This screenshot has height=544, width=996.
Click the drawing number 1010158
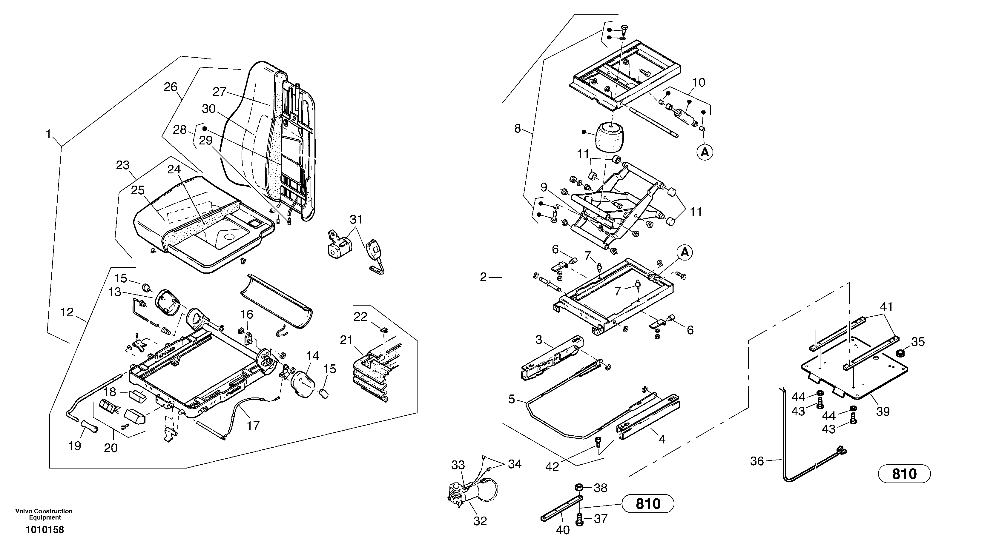[x=45, y=530]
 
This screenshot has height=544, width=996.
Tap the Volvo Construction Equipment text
[x=44, y=514]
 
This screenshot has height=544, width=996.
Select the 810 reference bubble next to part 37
[x=648, y=504]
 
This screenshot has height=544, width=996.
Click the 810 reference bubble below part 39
[x=904, y=474]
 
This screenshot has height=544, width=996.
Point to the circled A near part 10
[x=705, y=152]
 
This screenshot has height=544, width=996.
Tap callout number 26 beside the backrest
[x=170, y=87]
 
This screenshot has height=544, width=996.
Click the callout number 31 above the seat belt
[x=356, y=219]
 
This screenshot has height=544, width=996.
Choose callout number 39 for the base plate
[x=883, y=412]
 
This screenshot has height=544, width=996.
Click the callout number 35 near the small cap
[x=918, y=342]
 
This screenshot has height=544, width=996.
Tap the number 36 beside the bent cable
[x=757, y=461]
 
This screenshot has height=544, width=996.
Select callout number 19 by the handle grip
[x=75, y=446]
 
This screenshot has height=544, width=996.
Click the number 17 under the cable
[x=253, y=426]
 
